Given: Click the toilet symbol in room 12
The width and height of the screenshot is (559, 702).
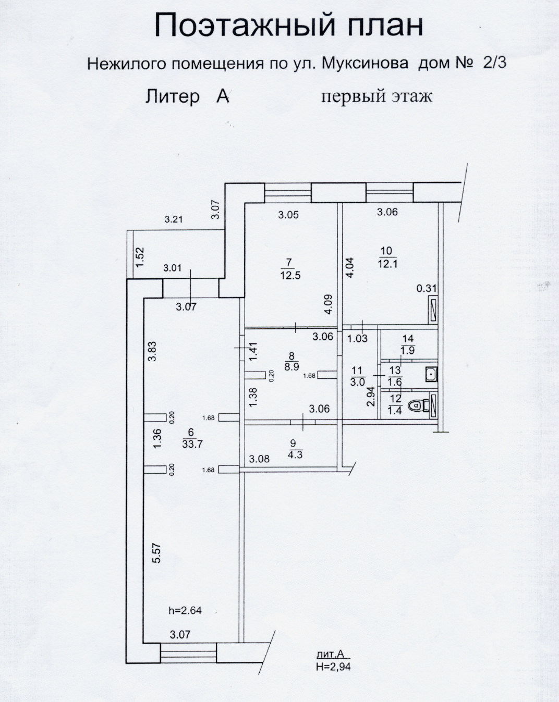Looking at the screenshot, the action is tap(418, 405).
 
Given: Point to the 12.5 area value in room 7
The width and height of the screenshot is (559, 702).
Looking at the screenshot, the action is tap(290, 275).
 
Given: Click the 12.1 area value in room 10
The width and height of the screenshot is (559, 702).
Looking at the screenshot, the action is tap(387, 263).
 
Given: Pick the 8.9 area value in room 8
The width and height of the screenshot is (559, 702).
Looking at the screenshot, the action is tap(291, 367).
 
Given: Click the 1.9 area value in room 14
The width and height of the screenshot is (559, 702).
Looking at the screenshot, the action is tap(408, 350).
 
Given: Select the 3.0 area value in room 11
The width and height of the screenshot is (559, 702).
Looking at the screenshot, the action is tap(357, 383).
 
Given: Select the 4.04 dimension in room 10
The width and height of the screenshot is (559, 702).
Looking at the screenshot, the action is tap(349, 267).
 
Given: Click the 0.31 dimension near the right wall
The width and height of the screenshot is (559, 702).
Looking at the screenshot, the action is tap(427, 288).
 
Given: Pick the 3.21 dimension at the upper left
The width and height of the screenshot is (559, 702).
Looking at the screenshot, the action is tap(173, 219).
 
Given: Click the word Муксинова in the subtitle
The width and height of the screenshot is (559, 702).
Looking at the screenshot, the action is tap(364, 63).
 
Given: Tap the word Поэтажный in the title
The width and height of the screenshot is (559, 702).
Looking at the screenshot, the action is tap(245, 25).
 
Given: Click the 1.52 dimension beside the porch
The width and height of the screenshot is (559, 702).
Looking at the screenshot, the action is tap(140, 257).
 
